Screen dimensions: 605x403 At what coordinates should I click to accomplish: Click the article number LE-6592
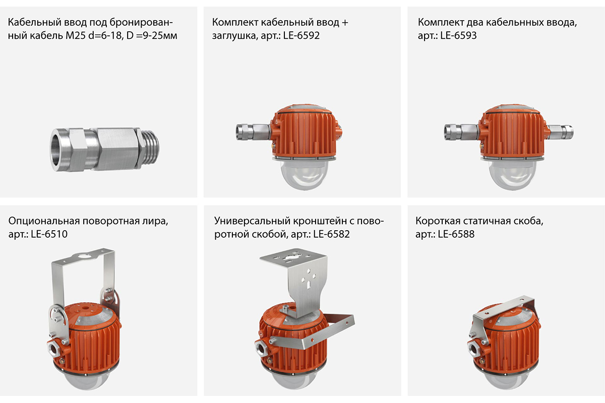tap(301, 35)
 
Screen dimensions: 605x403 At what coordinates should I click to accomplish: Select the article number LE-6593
tap(458, 35)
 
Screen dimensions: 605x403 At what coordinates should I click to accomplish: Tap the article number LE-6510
tap(49, 234)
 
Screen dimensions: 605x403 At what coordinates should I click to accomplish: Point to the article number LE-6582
tap(331, 234)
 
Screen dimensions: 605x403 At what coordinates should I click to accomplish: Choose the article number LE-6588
tap(456, 234)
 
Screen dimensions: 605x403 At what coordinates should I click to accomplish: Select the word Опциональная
tap(44, 221)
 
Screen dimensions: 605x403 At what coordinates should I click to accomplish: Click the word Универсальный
tap(252, 221)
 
